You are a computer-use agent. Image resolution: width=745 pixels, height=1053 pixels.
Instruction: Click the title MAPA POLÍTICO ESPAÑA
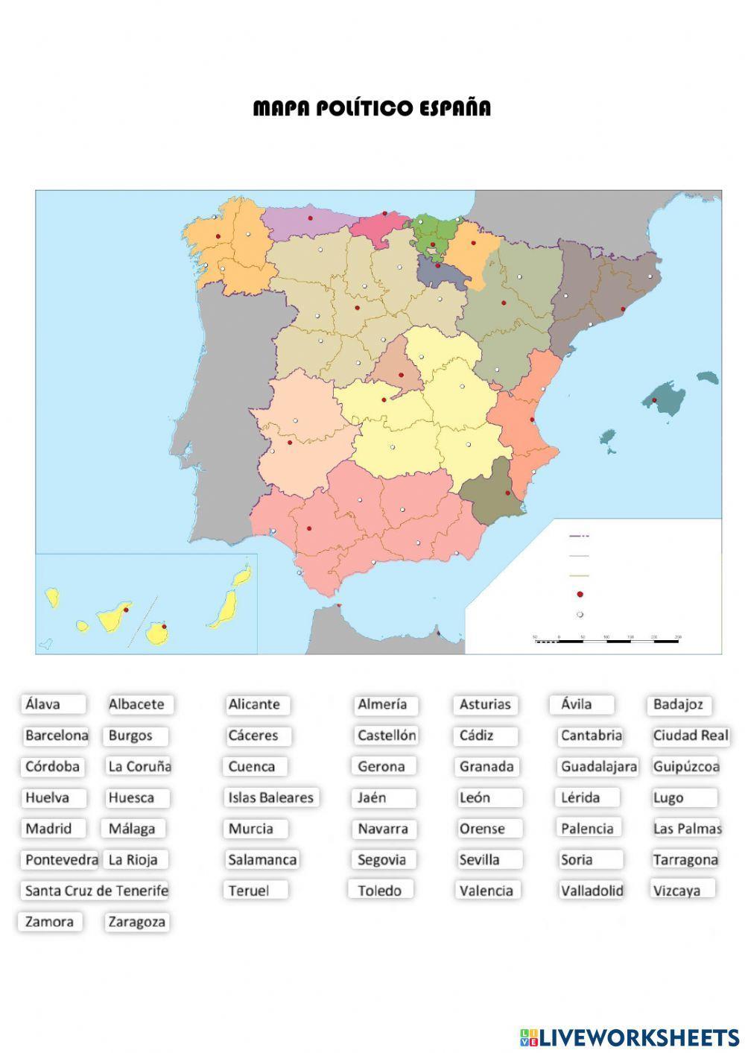point(372,109)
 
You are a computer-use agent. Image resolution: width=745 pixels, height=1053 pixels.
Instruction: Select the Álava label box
point(52,704)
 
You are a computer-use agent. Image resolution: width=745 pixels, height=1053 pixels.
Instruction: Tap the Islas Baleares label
point(271,797)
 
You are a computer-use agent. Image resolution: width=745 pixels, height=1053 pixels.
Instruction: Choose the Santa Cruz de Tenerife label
point(96,891)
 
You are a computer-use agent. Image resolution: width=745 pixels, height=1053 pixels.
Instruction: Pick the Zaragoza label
point(137,922)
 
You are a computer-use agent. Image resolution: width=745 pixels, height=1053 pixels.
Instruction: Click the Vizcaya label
point(681,890)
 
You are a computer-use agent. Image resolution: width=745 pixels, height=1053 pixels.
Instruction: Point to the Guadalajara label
point(598,767)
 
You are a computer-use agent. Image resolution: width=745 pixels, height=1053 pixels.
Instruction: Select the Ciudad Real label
point(690,736)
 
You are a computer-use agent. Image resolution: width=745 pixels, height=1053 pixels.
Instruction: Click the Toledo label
point(380,891)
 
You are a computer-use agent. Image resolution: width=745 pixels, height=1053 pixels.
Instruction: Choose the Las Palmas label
point(687,829)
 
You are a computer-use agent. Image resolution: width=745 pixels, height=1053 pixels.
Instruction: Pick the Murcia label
point(255,829)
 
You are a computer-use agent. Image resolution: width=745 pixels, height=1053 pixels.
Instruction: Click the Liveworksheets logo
point(630,1037)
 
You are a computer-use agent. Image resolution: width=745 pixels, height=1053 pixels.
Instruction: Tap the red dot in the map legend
point(580,595)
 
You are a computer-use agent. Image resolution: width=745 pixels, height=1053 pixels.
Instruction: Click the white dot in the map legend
point(580,615)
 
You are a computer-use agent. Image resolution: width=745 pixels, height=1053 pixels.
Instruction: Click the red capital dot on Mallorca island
point(655,400)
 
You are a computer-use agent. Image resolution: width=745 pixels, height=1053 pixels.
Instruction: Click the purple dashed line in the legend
point(579,536)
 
